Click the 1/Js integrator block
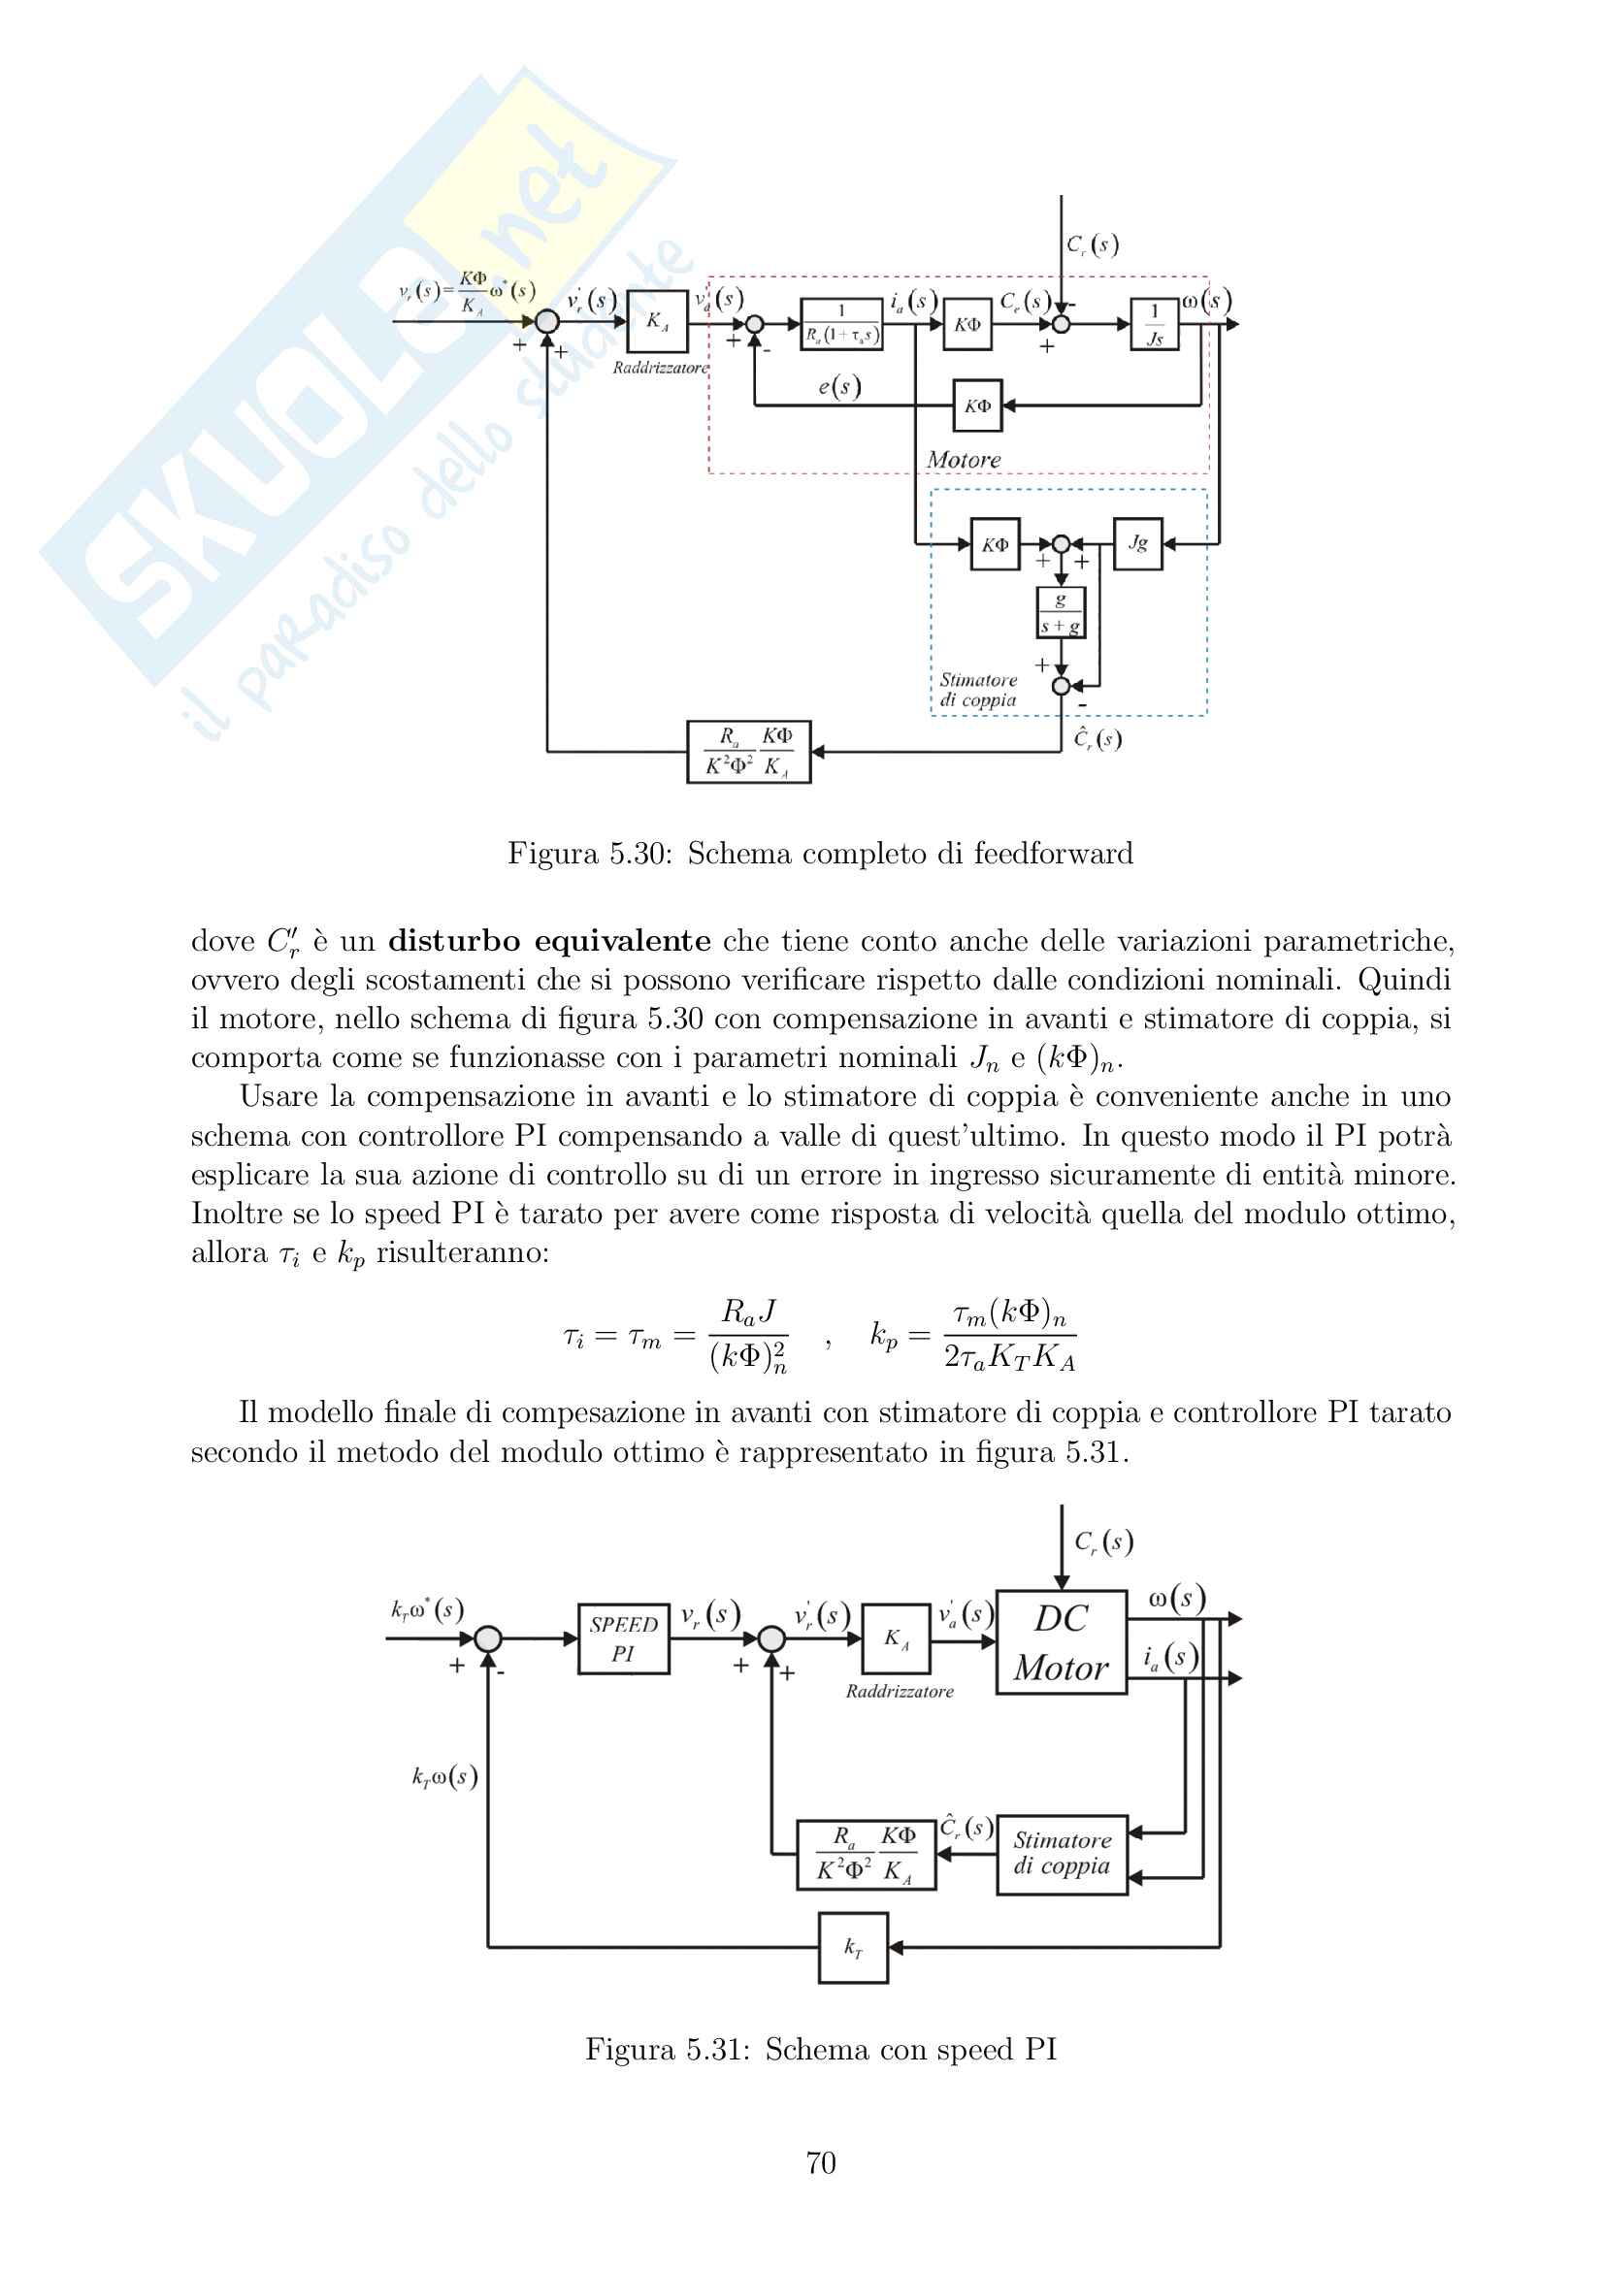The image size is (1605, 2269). click(x=1155, y=325)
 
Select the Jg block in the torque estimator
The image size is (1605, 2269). click(x=1137, y=543)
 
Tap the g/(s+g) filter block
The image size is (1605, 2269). click(x=1061, y=613)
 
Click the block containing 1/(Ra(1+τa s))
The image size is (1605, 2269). click(x=841, y=325)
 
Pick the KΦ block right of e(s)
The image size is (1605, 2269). click(x=977, y=405)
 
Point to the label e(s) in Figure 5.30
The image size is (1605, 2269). click(x=839, y=386)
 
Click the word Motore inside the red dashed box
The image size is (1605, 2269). click(x=964, y=460)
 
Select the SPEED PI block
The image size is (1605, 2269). click(x=624, y=1638)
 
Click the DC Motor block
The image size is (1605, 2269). click(x=1062, y=1642)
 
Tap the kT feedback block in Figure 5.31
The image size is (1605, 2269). click(x=853, y=1947)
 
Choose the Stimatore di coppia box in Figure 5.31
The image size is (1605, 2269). click(x=1063, y=1854)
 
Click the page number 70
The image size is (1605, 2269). click(x=820, y=2163)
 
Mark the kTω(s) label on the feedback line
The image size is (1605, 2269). click(x=444, y=1776)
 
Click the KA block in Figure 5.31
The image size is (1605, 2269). click(x=897, y=1639)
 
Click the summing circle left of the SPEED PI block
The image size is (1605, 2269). click(x=488, y=1638)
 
